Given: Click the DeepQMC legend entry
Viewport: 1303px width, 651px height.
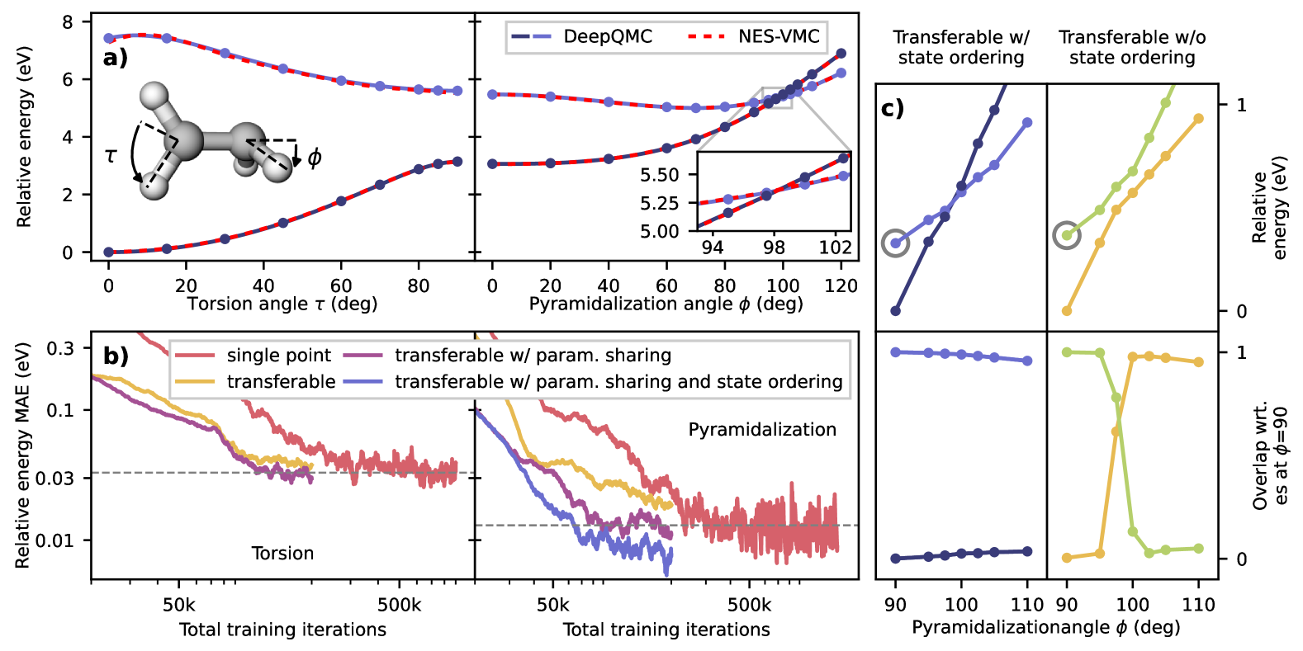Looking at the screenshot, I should click(581, 37).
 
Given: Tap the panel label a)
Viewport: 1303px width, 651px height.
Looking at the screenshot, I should click(116, 58).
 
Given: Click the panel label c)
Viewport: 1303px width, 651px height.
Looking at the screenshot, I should click(893, 108).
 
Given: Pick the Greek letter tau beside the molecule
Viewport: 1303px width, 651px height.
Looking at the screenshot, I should click(111, 154).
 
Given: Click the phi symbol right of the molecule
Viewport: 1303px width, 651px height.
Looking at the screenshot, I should click(315, 157).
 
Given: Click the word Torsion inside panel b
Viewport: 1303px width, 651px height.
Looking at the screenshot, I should click(282, 554).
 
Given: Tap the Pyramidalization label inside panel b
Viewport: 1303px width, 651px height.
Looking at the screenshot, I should click(762, 430).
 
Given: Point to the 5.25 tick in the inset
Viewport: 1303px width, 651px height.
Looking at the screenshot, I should click(660, 203).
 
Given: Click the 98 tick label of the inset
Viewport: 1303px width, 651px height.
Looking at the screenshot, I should click(774, 248).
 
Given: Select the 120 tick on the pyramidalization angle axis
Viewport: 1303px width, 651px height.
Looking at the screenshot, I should click(841, 286).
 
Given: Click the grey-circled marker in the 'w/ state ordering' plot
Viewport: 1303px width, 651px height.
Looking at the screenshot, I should click(895, 243).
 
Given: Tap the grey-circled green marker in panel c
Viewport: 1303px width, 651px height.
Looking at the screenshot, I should click(1067, 235).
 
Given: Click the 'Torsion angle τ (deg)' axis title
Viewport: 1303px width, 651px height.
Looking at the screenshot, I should click(282, 304).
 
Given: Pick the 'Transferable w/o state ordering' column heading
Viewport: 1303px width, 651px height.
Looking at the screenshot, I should click(1132, 48).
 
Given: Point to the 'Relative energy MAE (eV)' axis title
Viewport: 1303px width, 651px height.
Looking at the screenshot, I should click(23, 455).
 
